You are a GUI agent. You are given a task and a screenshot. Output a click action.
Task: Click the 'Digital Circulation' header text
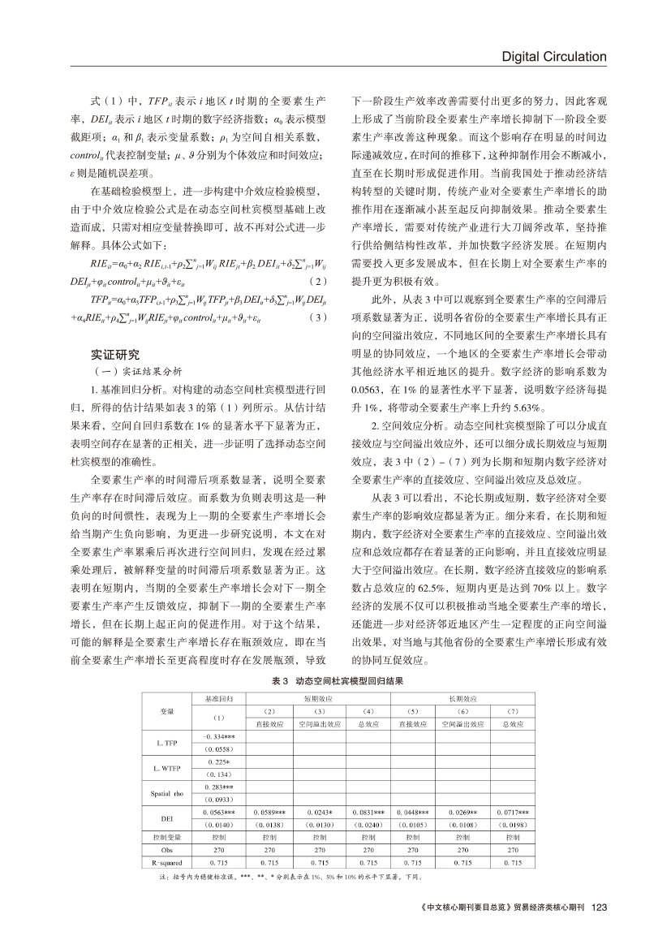click(554, 57)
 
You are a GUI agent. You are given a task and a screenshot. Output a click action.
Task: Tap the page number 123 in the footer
click(600, 907)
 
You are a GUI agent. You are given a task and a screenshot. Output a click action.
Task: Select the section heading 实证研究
click(115, 355)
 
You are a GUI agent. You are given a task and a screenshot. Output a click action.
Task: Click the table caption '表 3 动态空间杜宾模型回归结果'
click(336, 681)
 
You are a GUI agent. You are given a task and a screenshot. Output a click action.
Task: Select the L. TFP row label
click(166, 743)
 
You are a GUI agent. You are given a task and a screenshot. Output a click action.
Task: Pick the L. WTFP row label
click(166, 769)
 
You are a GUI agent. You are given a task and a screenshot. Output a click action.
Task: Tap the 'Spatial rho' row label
click(166, 794)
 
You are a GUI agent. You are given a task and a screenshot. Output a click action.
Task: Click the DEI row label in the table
click(166, 819)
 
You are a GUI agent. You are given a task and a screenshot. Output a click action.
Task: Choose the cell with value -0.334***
click(219, 736)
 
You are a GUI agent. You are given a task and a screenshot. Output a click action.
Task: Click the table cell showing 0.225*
click(219, 761)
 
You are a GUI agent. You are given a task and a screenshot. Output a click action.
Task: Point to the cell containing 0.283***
click(219, 787)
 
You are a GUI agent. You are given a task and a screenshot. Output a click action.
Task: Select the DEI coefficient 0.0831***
click(369, 813)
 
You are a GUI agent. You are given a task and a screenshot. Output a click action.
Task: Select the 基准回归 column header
click(219, 698)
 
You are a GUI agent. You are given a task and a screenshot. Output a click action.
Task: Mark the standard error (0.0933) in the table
click(219, 800)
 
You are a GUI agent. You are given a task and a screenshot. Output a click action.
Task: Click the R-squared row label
click(166, 862)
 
